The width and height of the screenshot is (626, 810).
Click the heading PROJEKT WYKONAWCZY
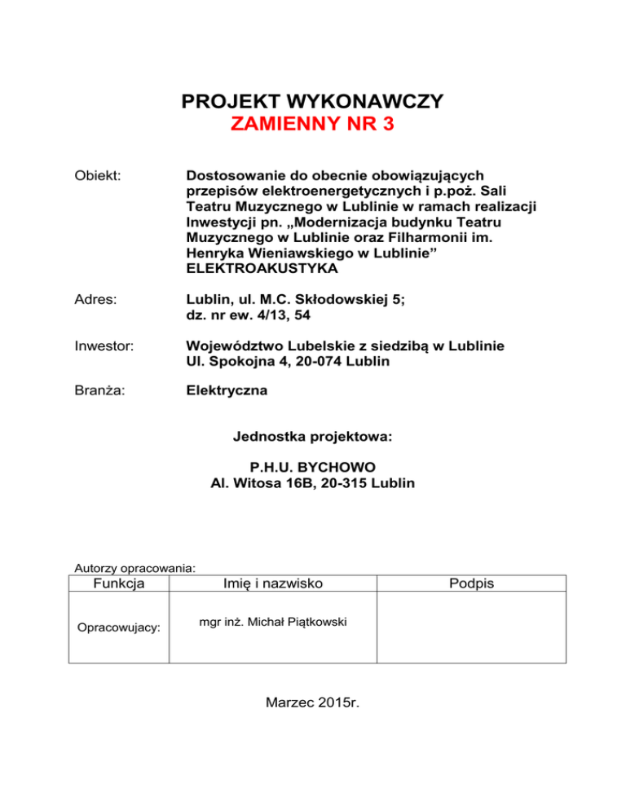coord(312,102)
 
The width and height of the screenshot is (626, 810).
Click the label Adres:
coord(91,299)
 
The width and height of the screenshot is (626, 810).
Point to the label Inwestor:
coord(99,345)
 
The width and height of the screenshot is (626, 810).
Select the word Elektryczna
coord(227,390)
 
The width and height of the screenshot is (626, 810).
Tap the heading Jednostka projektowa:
coord(312,437)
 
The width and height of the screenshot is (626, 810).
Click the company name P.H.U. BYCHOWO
coord(312,469)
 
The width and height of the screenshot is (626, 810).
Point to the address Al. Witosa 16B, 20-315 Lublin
coord(312,483)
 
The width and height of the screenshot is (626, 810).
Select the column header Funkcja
coord(119,583)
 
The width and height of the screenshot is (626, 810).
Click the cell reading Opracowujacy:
coord(118,628)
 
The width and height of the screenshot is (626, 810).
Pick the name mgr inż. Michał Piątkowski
coord(273,623)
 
